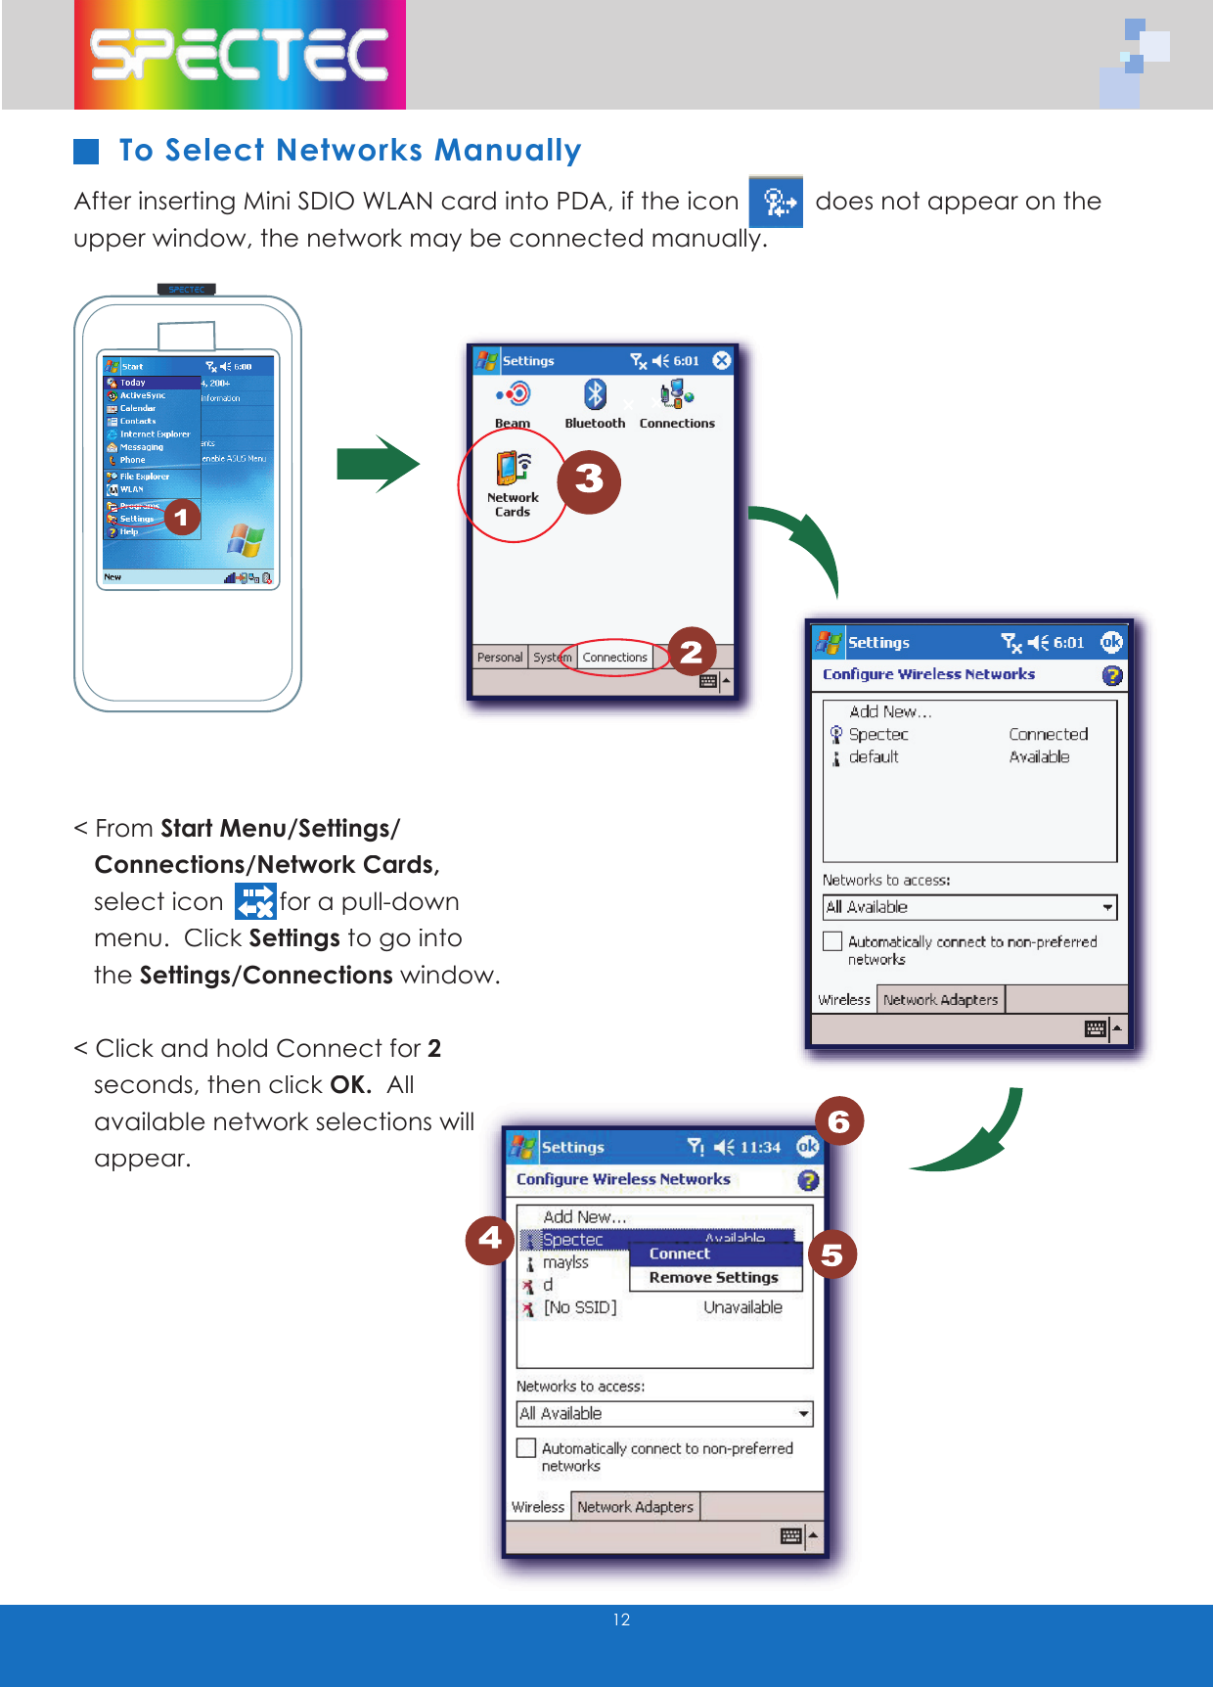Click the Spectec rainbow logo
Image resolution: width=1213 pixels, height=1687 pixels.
click(x=240, y=55)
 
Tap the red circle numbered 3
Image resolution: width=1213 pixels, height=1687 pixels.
click(x=589, y=480)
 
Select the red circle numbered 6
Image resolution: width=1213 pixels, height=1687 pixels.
click(x=838, y=1121)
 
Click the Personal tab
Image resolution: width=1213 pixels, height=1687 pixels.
click(x=499, y=658)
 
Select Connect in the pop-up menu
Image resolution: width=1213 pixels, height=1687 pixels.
click(x=680, y=1254)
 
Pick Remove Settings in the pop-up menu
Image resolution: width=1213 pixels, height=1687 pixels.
click(x=713, y=1278)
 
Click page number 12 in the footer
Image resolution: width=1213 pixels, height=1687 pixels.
click(x=621, y=1619)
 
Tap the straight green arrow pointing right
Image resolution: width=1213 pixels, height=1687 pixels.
click(x=378, y=464)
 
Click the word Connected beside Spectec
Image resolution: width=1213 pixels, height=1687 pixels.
click(x=1048, y=734)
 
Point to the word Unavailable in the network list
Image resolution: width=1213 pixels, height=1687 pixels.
click(x=742, y=1307)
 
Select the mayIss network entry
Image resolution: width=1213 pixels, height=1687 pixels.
click(x=565, y=1262)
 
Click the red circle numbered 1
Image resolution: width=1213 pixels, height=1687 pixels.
click(x=182, y=517)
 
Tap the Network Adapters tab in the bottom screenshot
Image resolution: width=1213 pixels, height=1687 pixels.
click(x=635, y=1507)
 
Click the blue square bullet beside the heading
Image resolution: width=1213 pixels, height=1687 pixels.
click(x=86, y=151)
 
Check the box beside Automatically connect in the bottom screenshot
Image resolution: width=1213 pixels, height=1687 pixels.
click(x=526, y=1448)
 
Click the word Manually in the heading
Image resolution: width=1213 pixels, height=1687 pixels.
click(x=508, y=151)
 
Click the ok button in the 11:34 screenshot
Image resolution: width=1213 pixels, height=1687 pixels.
click(x=807, y=1147)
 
